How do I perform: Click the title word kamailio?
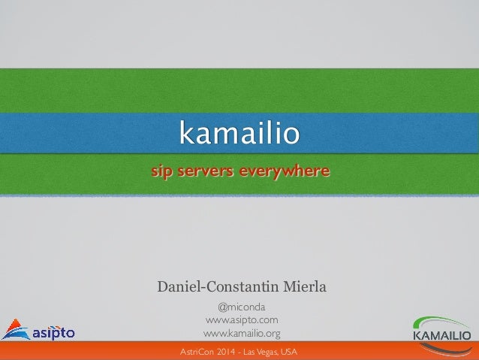coord(239,134)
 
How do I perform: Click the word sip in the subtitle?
coord(161,172)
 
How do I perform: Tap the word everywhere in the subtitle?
coord(283,172)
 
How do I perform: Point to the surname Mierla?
coord(304,286)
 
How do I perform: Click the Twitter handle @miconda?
coord(241,307)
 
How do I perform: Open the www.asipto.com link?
coord(242,320)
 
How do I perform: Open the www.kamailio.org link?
coord(242,333)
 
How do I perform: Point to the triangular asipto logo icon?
coord(15,329)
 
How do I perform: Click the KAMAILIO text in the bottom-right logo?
coord(442,334)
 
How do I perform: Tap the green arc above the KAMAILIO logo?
coord(442,320)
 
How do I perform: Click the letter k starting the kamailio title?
coord(184,134)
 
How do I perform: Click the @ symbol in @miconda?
coord(222,307)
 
